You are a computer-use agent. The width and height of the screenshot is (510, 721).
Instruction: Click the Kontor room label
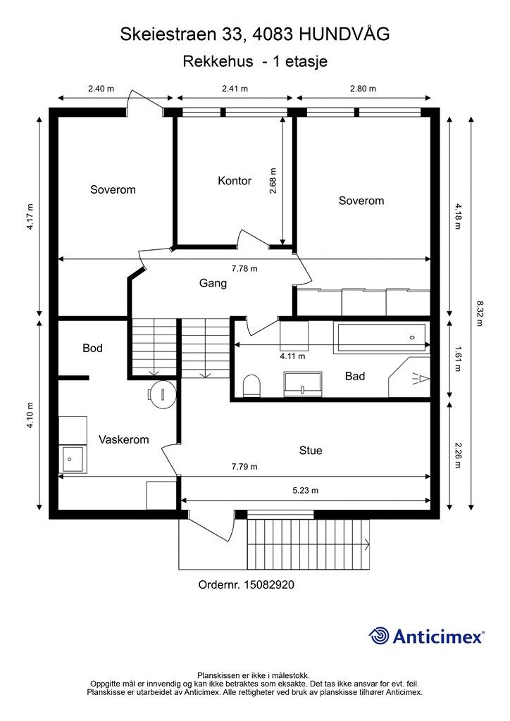[235, 181]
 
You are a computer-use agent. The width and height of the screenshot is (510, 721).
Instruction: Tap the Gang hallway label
[213, 283]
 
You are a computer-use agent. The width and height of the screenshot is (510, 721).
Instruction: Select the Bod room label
[92, 348]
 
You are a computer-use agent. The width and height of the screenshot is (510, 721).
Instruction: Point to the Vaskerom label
[124, 439]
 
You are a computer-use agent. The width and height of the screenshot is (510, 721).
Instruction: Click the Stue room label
[311, 451]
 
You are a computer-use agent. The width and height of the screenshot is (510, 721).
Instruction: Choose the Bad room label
[355, 376]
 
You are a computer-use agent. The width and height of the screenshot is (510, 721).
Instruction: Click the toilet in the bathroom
[251, 385]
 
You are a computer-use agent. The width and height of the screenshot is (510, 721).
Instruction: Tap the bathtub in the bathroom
[382, 338]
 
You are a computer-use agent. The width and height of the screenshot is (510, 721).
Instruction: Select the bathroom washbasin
[303, 384]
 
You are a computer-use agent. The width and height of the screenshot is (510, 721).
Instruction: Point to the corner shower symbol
[409, 377]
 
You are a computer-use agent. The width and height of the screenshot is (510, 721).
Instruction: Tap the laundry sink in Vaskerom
[73, 459]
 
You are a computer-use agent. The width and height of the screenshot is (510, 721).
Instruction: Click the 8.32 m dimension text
[479, 313]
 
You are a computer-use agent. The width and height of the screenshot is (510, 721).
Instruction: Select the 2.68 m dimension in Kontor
[273, 180]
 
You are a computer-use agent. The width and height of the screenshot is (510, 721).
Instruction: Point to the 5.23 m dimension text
[305, 490]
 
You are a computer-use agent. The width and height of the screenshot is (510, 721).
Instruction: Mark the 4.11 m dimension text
[292, 356]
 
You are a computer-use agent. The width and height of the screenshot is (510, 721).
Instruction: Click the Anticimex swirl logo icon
[380, 636]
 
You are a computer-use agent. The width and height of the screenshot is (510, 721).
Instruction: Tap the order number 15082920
[269, 585]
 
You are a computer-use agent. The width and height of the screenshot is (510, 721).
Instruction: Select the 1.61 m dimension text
[457, 358]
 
